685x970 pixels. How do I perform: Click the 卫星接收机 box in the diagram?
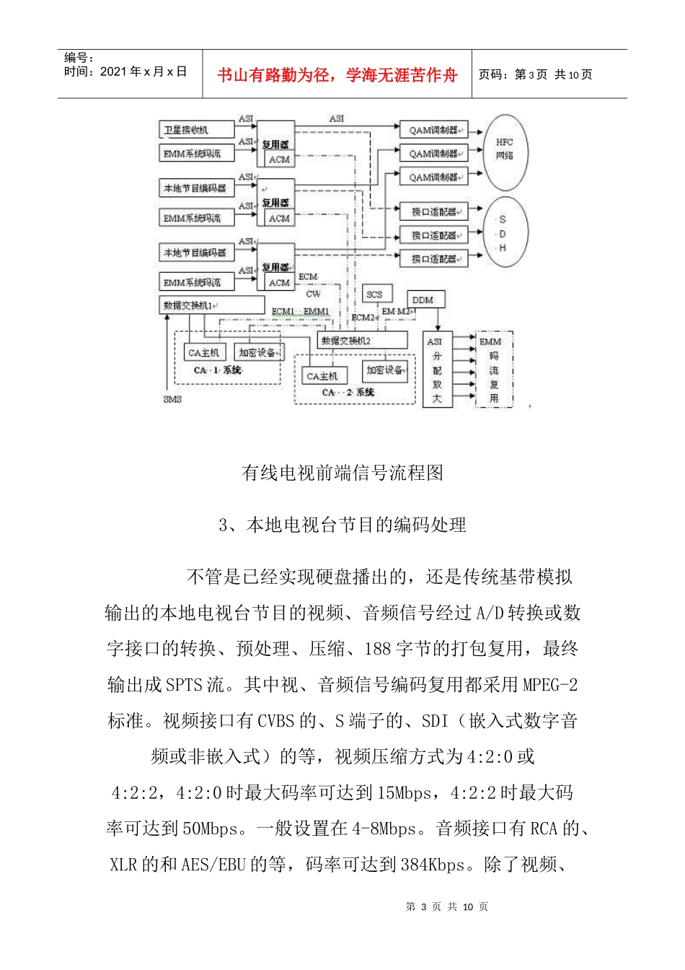(x=196, y=130)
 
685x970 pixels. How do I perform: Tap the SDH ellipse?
(x=503, y=233)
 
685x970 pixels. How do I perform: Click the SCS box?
(x=375, y=294)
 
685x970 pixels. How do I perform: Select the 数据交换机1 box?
(x=211, y=305)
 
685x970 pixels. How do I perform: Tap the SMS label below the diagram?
(x=172, y=399)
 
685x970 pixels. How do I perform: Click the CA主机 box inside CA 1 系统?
(x=204, y=353)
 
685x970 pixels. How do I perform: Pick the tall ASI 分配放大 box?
(x=436, y=370)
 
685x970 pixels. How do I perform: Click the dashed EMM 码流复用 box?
(x=494, y=370)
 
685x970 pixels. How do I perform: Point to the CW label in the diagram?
(x=313, y=294)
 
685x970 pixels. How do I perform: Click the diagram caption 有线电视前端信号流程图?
(x=342, y=473)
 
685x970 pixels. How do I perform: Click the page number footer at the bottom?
(x=447, y=906)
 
